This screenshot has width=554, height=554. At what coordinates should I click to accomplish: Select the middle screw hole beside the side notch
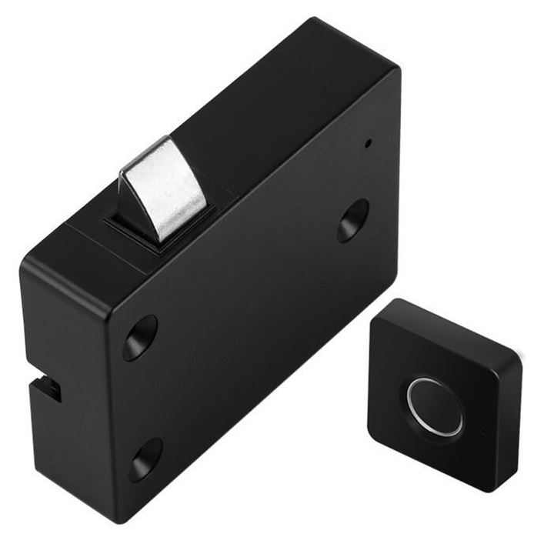coord(140,337)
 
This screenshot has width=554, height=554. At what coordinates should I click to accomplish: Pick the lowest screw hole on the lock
coord(145,459)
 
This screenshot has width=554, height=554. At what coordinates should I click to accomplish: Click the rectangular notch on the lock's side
coord(48,389)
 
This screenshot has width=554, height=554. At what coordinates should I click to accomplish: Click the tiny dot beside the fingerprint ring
coord(483,431)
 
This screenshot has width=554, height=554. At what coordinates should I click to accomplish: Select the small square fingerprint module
coord(442,392)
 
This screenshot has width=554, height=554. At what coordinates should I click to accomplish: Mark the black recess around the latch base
coord(138,231)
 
